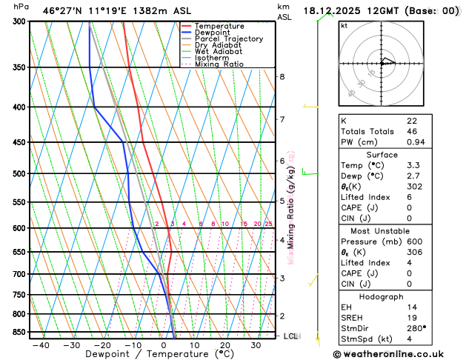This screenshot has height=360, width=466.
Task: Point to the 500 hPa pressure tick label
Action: pyautogui.click(x=19, y=174)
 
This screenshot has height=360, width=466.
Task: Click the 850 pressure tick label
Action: pyautogui.click(x=19, y=332)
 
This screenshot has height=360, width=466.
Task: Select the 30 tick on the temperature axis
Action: pyautogui.click(x=255, y=345)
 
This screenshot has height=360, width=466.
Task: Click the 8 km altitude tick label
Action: pyautogui.click(x=282, y=77)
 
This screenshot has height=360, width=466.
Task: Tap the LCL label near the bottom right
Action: pyautogui.click(x=291, y=336)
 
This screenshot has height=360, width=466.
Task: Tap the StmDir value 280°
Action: pyautogui.click(x=416, y=328)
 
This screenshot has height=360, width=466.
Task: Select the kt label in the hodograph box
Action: pyautogui.click(x=344, y=25)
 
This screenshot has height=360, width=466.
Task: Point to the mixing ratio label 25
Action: pyautogui.click(x=268, y=224)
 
